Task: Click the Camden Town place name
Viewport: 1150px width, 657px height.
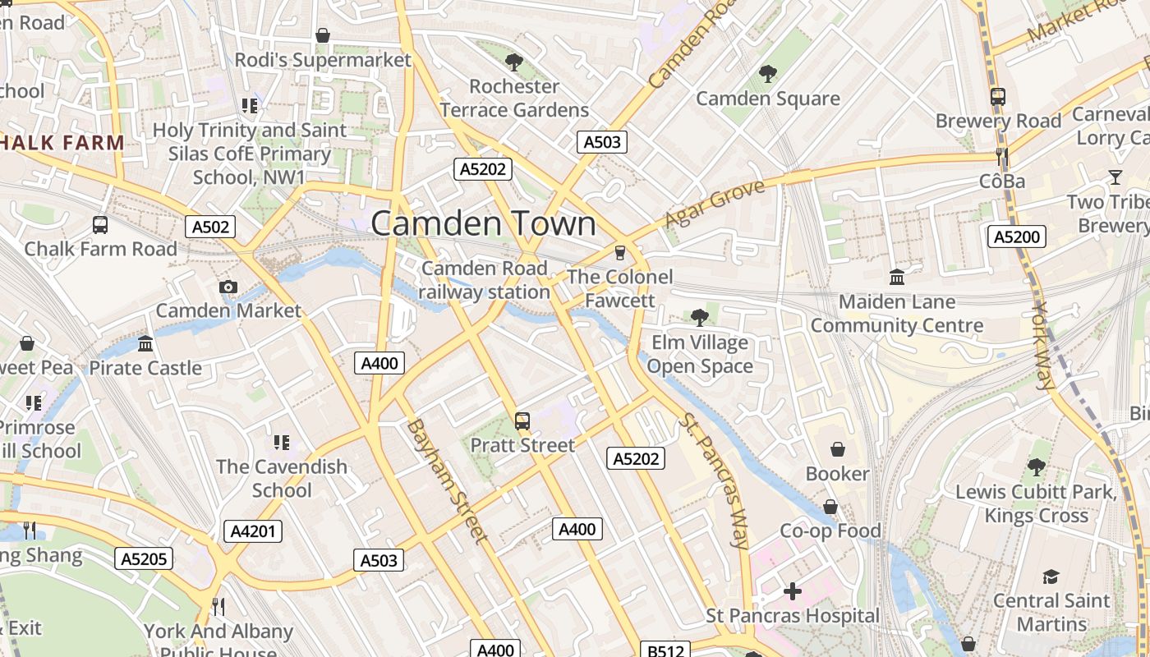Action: tap(484, 223)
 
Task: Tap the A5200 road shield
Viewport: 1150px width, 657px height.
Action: tap(1016, 237)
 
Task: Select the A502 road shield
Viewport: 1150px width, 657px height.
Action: tap(210, 227)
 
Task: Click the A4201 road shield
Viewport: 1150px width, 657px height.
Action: tap(253, 531)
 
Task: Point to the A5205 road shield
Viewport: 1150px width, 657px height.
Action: tap(144, 559)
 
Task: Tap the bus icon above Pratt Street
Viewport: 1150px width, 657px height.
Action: tap(522, 421)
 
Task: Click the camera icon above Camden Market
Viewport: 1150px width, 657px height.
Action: tap(228, 287)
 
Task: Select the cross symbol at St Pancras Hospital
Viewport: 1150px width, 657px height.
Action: tap(793, 591)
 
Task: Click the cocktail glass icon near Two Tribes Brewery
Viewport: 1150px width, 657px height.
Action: tap(1115, 177)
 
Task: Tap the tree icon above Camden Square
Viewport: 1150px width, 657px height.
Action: tap(768, 75)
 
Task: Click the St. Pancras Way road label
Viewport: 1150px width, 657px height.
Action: tap(714, 480)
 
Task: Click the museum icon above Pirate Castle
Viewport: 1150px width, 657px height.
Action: tap(145, 343)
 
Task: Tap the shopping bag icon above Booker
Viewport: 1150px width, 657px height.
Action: tap(837, 449)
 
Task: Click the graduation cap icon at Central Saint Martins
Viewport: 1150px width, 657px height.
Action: tap(1051, 577)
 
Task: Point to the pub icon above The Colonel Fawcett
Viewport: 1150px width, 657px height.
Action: tap(620, 252)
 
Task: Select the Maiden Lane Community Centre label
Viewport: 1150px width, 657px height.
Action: tap(897, 314)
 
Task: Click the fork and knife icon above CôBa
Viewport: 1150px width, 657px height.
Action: tap(1001, 155)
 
